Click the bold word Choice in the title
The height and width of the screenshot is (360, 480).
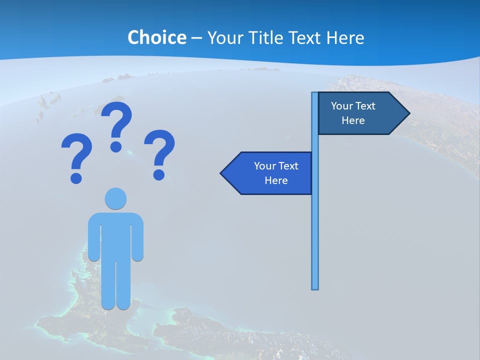pos(156,37)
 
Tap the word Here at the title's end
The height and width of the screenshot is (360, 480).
pos(344,37)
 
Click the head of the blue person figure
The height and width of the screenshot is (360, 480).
pos(115,198)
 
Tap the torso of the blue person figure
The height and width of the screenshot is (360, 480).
pos(115,235)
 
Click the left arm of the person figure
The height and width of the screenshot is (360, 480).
pos(93,240)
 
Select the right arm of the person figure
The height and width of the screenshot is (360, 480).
pos(137,240)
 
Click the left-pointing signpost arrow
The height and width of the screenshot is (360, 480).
pos(267,173)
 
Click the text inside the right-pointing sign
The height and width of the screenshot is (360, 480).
pos(353,113)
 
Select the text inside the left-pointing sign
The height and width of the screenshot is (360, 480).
pos(276,173)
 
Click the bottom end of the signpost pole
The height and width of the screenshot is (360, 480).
pos(315,287)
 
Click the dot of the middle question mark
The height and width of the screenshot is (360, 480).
pos(116,146)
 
